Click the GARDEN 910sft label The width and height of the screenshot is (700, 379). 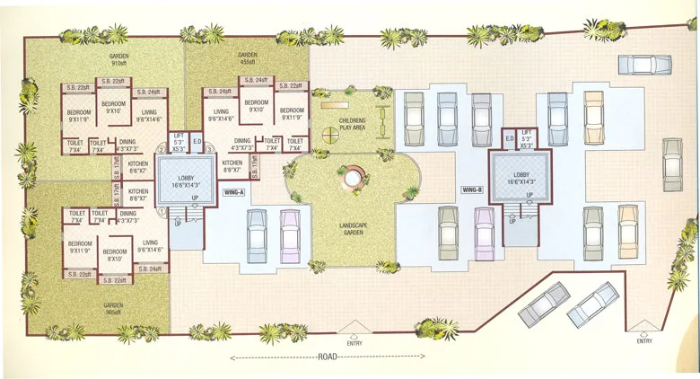[118, 59]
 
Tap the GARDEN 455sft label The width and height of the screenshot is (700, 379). [248, 59]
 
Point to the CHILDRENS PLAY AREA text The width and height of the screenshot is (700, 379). [351, 124]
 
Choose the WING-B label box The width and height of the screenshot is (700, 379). [472, 190]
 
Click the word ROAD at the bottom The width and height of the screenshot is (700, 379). [328, 358]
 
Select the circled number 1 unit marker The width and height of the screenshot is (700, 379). [162, 212]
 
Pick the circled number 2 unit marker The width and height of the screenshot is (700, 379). [162, 149]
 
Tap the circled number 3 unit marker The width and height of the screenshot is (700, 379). [208, 149]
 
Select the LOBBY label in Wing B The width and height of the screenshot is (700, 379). [522, 177]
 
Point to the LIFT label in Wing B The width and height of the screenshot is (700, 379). [526, 137]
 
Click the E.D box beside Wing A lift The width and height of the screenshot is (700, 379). [197, 141]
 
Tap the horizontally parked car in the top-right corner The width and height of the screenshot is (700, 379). [644, 66]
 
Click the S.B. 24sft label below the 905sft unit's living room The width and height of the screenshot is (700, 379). [150, 269]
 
